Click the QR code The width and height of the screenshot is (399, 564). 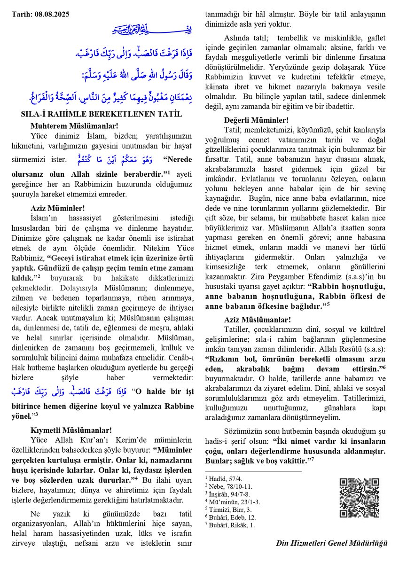pyautogui.click(x=359, y=498)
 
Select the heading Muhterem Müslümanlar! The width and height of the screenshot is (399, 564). pyautogui.click(x=74, y=125)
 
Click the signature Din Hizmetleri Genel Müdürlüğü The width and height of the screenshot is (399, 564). pyautogui.click(x=332, y=543)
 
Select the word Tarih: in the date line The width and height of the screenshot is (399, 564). pyautogui.click(x=21, y=15)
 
